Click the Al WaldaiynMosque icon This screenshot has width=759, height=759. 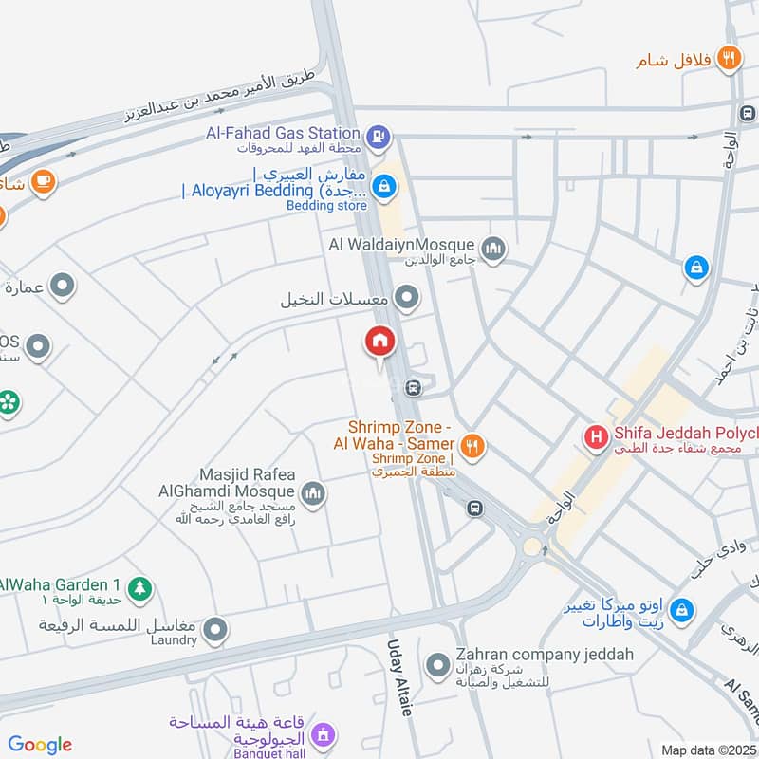tap(492, 250)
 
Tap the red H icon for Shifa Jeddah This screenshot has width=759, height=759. tap(596, 437)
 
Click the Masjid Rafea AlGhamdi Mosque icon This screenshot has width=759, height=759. tap(313, 493)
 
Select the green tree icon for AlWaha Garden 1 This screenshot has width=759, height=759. tap(139, 588)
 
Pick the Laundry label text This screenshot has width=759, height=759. tap(172, 640)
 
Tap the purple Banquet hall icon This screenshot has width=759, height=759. tap(323, 734)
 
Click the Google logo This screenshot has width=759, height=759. tap(40, 745)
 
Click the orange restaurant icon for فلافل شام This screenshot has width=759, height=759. tap(729, 58)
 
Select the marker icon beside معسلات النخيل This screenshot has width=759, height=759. tap(408, 300)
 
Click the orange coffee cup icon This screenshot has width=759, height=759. tap(42, 180)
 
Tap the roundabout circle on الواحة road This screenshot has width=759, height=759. tap(531, 546)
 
